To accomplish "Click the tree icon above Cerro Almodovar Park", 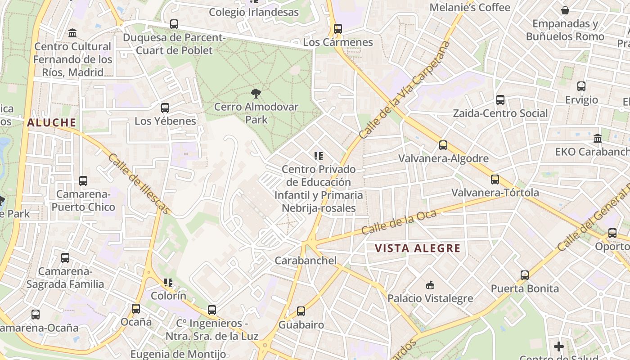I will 256,94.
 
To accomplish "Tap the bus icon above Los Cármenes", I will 337,29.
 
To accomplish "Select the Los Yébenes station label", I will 165,121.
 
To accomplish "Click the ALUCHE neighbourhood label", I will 51,122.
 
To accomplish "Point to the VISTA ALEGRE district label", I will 418,248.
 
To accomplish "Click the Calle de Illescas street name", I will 139,184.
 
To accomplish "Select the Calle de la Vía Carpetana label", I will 405,90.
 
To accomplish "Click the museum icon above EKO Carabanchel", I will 598,138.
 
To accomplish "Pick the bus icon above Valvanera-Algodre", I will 443,145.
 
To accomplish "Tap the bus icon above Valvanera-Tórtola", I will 495,180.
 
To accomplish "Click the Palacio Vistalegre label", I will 430,298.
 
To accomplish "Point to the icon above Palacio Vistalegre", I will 430,285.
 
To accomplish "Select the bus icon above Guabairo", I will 301,311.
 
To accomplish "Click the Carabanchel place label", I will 306,260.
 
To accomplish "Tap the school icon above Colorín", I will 168,283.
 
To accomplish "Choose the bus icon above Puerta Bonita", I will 524,275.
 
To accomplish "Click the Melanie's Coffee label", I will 470,7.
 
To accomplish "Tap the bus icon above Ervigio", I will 581,86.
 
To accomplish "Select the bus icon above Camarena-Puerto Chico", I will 83,181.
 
